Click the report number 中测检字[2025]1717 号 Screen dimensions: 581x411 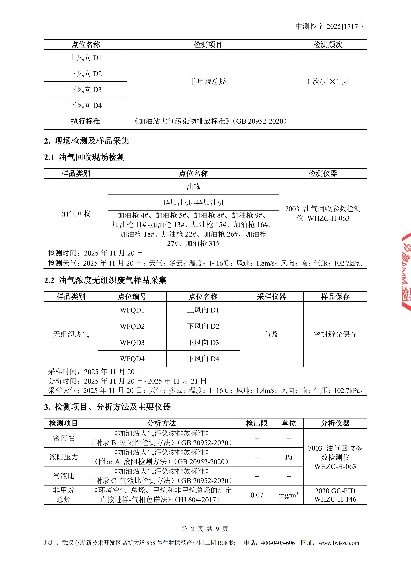point(331,26)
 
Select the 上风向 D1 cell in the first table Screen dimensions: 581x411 point(86,58)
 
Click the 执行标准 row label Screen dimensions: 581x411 point(86,121)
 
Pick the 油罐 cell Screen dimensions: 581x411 point(193,187)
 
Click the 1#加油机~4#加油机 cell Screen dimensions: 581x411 point(193,203)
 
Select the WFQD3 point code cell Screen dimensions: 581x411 point(132,343)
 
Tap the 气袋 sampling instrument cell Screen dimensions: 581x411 point(271,334)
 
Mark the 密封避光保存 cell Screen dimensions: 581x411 point(335,334)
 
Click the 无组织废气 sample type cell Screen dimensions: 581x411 point(71,334)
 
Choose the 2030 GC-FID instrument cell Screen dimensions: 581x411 point(335,495)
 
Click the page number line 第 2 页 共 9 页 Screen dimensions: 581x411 point(205,529)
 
